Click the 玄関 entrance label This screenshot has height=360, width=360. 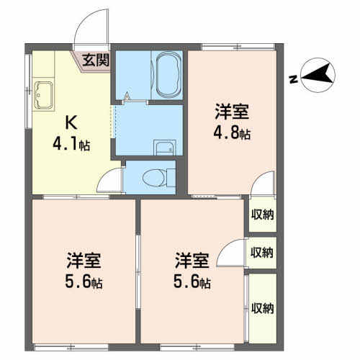click(96, 60)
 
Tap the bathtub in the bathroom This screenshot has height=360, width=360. click(168, 75)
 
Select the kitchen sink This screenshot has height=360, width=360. click(43, 95)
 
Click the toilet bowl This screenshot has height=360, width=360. click(154, 178)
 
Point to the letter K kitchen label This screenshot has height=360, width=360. click(71, 122)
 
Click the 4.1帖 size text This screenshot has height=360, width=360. click(71, 145)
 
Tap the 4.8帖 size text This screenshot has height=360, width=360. click(232, 133)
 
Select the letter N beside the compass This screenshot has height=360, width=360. click(293, 79)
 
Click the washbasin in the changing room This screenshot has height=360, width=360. click(165, 148)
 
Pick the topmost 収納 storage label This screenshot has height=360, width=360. click(262, 215)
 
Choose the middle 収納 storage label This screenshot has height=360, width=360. click(262, 252)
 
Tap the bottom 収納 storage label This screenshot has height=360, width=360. click(262, 308)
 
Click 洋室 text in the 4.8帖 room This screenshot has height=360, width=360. click(232, 112)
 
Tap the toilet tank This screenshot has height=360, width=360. click(171, 178)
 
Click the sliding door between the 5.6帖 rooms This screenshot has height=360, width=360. click(138, 271)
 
